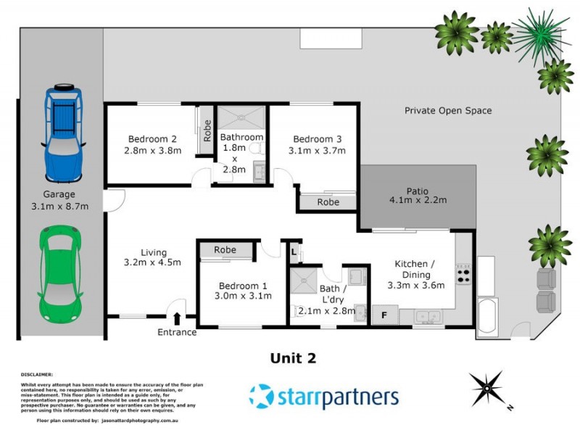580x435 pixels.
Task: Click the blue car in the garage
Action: (64, 133)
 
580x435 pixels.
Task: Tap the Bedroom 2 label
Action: (152, 139)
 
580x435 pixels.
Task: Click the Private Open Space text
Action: (448, 111)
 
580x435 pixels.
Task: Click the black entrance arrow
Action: (177, 318)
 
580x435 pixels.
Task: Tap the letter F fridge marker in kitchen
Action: (384, 315)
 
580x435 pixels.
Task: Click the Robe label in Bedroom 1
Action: (225, 250)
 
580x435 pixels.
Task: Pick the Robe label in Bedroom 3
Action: (328, 203)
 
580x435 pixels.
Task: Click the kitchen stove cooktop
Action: (463, 273)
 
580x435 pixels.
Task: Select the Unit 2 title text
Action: (293, 357)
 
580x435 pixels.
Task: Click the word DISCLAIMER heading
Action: (37, 375)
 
